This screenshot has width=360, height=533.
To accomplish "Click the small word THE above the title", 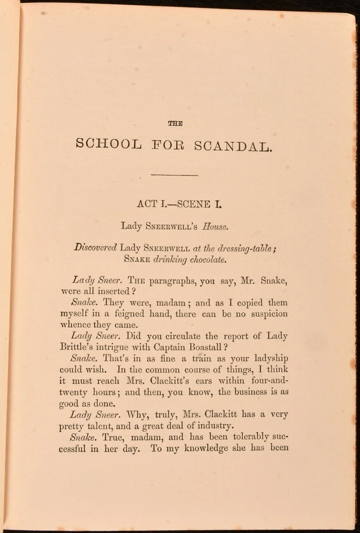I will pyautogui.click(x=175, y=123).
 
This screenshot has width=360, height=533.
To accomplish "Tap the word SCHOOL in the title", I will pyautogui.click(x=110, y=144).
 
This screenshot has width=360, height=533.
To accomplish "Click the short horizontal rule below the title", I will pyautogui.click(x=175, y=174).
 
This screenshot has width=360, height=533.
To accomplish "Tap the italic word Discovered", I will pyautogui.click(x=95, y=247).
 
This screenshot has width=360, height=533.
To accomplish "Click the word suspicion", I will pyautogui.click(x=264, y=314).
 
